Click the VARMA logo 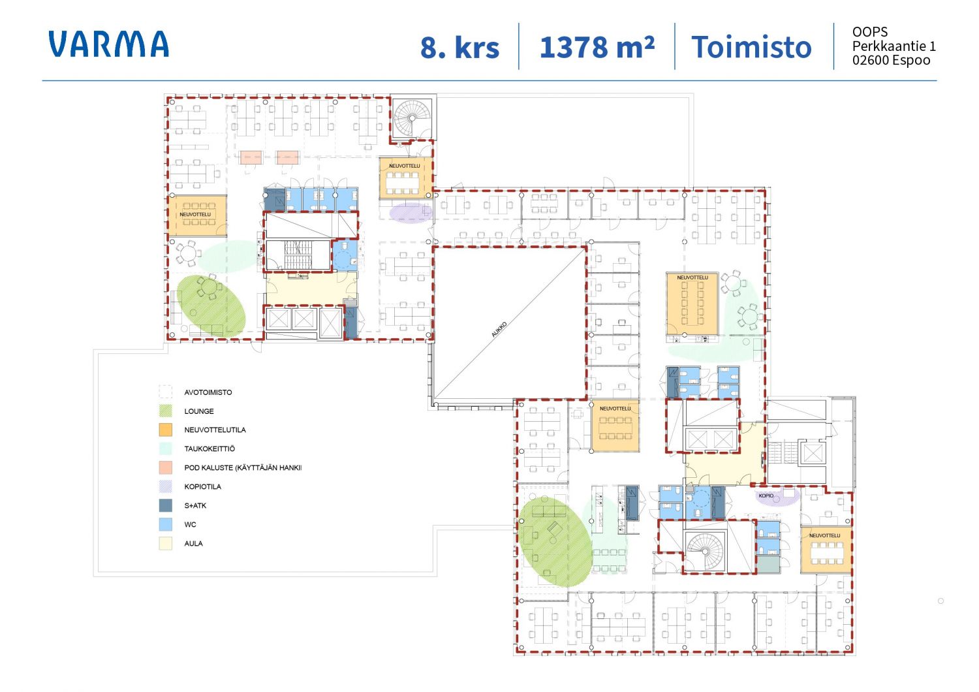click(108, 44)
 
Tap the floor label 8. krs click(459, 47)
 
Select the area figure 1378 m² click(597, 47)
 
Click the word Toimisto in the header click(751, 47)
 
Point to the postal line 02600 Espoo click(891, 60)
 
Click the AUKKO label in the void click(499, 330)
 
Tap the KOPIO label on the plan click(766, 495)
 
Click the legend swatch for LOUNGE click(165, 411)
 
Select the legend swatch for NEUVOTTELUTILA click(165, 430)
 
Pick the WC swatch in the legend click(165, 524)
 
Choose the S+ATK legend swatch click(165, 505)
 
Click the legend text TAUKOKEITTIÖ click(210, 449)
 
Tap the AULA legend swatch click(165, 543)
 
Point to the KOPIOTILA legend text click(203, 486)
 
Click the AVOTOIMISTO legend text click(208, 392)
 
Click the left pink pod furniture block click(251, 157)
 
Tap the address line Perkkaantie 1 click(894, 46)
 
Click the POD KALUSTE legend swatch click(165, 467)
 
